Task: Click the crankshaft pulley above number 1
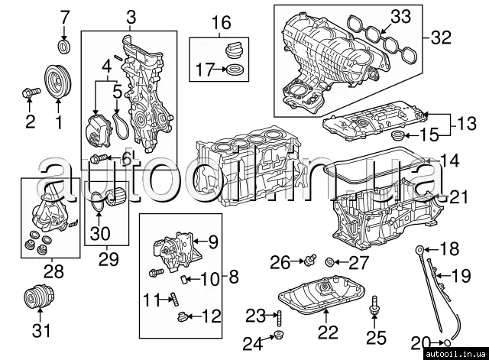point(57,81)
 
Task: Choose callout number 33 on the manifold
point(400,15)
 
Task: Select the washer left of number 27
point(331,264)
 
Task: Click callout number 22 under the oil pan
point(328,332)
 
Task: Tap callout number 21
point(456,197)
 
